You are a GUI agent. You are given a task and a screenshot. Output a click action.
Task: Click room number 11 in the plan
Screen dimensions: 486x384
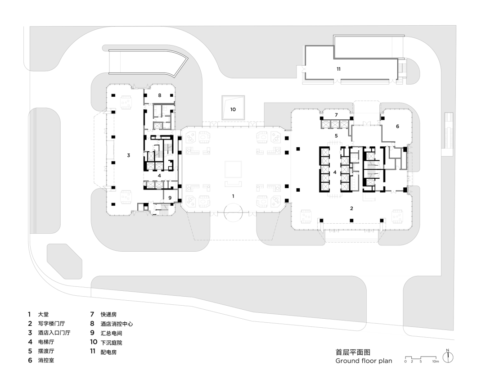coord(338,69)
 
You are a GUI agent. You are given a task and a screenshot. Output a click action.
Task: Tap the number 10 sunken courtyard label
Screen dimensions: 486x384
coord(233,109)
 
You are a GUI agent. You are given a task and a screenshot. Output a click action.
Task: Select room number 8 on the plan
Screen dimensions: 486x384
coord(160,95)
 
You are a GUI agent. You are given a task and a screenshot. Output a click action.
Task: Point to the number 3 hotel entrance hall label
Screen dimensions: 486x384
coord(128,155)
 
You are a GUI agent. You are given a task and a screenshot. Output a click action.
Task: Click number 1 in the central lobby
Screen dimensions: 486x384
coord(233,196)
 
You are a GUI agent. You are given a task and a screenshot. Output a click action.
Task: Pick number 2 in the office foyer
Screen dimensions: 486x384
coord(351,208)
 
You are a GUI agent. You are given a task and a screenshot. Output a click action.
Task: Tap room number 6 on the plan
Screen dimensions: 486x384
coord(397,126)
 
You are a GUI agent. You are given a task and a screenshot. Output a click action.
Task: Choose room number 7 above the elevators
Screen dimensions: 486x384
coord(336,115)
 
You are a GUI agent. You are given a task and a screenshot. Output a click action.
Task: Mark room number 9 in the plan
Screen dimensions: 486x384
coord(170,198)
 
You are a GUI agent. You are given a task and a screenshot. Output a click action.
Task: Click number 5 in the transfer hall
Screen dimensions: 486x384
coord(336,136)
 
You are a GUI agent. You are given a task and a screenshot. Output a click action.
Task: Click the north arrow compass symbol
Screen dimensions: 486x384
coord(448,357)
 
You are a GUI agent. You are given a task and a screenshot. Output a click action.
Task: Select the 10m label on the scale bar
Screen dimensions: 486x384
coord(436,361)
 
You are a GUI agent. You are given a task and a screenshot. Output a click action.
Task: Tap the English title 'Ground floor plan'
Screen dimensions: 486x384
coord(364,361)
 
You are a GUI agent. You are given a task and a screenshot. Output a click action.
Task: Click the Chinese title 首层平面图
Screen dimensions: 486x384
coord(353,352)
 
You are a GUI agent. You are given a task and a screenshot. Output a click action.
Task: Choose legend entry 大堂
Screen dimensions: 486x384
coord(43,315)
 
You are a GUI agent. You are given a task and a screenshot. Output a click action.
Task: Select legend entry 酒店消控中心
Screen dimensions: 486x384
coord(117,324)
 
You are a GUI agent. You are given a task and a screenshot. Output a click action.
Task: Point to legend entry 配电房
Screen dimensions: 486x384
coord(108,352)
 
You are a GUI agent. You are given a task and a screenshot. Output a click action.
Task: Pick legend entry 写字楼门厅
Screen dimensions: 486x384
coord(51,324)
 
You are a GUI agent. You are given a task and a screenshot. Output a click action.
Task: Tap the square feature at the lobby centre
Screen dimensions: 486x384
coord(233,169)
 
